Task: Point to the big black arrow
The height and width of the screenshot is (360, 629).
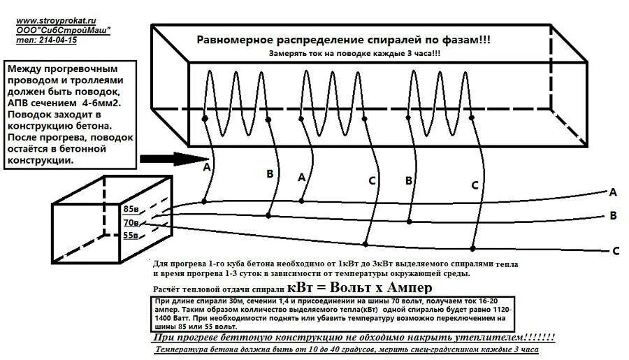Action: point(171,159)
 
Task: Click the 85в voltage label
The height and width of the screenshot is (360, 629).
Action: point(131,209)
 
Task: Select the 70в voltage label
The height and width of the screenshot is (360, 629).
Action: point(131,223)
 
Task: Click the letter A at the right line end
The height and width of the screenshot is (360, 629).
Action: point(613,192)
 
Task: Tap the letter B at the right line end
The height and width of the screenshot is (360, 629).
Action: point(613,215)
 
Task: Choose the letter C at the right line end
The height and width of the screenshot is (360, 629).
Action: point(616,250)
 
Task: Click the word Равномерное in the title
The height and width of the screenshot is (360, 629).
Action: point(233,41)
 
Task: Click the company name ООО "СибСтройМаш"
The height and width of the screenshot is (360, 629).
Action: point(64,31)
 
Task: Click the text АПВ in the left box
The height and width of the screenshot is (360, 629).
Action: point(20,103)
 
